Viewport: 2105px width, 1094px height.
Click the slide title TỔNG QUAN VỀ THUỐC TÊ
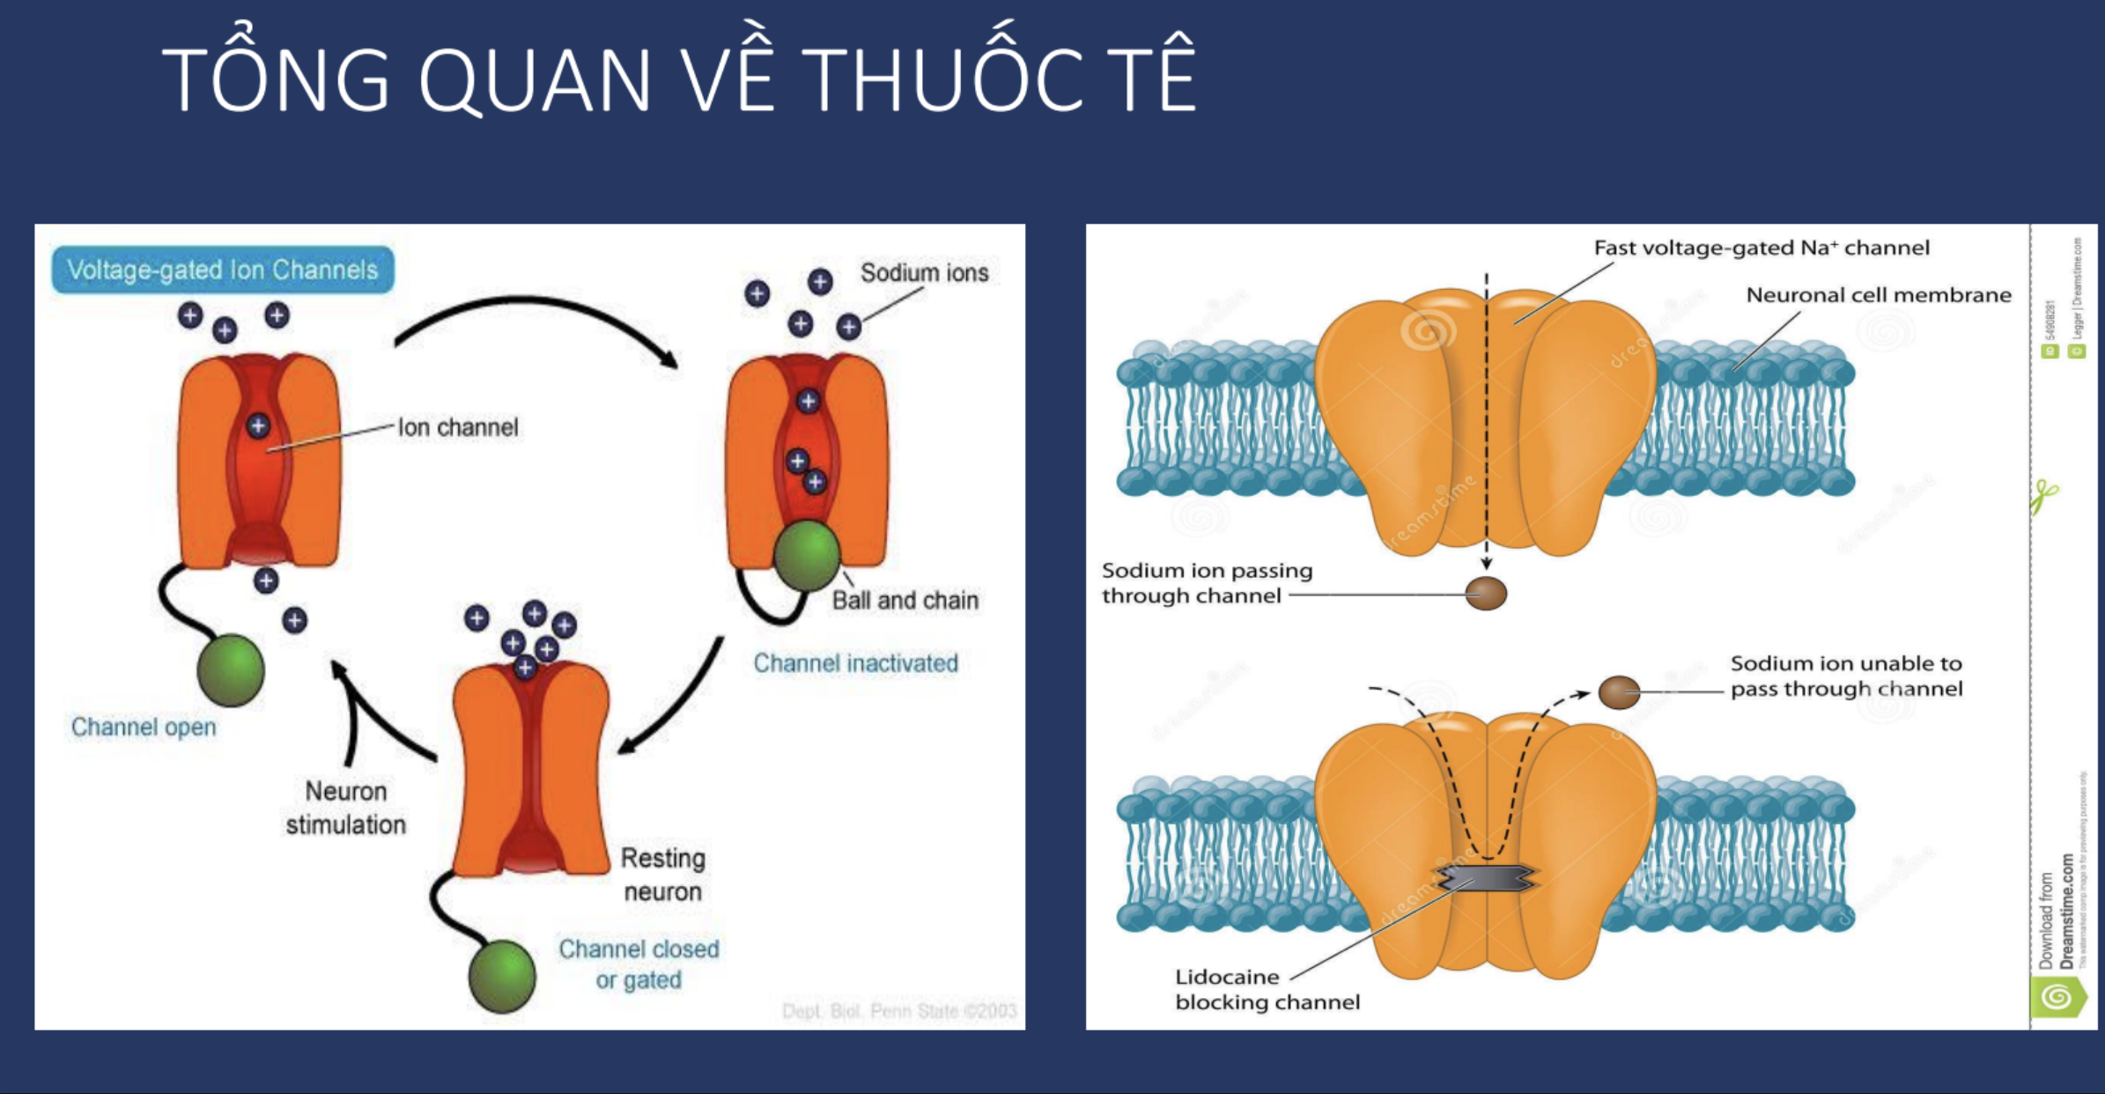pyautogui.click(x=678, y=79)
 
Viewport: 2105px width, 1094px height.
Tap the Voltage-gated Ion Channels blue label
pyautogui.click(x=222, y=270)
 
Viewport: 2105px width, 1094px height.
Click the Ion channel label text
pyautogui.click(x=458, y=427)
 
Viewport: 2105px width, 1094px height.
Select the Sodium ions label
pyautogui.click(x=924, y=273)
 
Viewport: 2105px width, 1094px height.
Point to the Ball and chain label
pyautogui.click(x=905, y=600)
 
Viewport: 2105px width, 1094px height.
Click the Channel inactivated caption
pyautogui.click(x=855, y=662)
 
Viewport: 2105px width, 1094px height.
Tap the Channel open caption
pyautogui.click(x=144, y=727)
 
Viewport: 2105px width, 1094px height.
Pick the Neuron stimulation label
pyautogui.click(x=345, y=808)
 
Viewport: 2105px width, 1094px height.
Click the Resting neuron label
pyautogui.click(x=662, y=875)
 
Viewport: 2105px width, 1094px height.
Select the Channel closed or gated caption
pyautogui.click(x=639, y=964)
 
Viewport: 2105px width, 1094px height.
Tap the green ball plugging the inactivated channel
pyautogui.click(x=806, y=555)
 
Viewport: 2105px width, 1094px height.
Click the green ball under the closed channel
pyautogui.click(x=502, y=975)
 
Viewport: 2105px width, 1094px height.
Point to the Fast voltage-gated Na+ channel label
pyautogui.click(x=1761, y=248)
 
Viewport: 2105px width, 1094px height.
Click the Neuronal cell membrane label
pyautogui.click(x=1878, y=295)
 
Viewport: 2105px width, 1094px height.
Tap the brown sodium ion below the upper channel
pyautogui.click(x=1486, y=593)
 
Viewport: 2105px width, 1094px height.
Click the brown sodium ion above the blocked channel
pyautogui.click(x=1618, y=692)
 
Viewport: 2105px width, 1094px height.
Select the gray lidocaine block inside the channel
pyautogui.click(x=1488, y=877)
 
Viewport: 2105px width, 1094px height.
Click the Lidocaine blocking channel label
pyautogui.click(x=1267, y=989)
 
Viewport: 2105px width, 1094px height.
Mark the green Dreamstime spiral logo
pyautogui.click(x=2057, y=997)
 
